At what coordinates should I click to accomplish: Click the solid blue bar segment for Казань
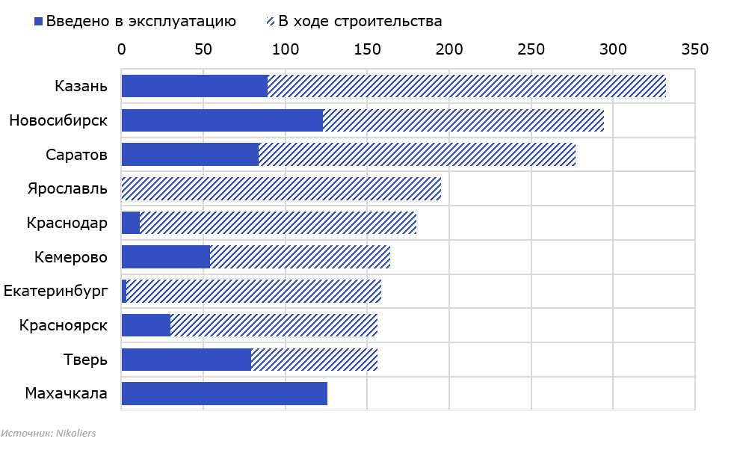click(x=194, y=86)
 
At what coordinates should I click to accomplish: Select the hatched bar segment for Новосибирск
click(x=463, y=120)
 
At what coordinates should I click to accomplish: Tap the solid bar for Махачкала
click(x=224, y=393)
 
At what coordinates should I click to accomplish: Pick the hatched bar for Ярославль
click(x=281, y=188)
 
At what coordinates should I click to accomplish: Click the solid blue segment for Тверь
click(x=186, y=360)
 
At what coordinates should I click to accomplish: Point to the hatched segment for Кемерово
click(x=300, y=257)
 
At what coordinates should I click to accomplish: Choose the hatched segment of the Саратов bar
click(x=417, y=155)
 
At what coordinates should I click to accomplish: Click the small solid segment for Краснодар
click(x=131, y=223)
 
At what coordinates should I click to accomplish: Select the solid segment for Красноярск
click(x=146, y=325)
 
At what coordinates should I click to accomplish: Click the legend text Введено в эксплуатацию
click(x=141, y=21)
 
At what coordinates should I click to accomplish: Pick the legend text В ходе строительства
click(x=360, y=21)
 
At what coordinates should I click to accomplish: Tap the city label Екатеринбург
click(x=56, y=292)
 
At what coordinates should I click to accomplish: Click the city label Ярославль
click(x=68, y=188)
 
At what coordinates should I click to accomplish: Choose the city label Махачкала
click(x=66, y=393)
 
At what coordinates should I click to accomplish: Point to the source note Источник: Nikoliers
click(x=49, y=433)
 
